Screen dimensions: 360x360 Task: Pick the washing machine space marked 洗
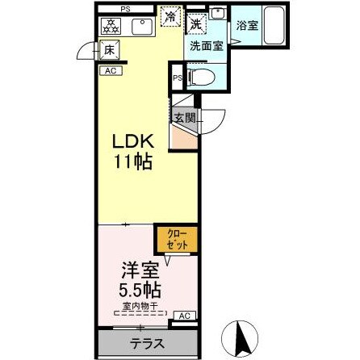[x=196, y=23]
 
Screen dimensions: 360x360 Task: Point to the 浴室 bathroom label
[x=247, y=26]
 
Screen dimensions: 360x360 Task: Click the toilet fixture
[x=202, y=78]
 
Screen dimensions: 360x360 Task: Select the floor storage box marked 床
[x=110, y=51]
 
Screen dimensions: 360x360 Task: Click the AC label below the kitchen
[x=111, y=71]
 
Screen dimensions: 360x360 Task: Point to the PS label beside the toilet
[x=178, y=78]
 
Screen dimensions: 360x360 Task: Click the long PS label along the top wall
[x=126, y=8]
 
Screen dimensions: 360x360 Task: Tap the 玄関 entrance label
[x=184, y=118]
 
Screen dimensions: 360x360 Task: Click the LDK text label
[x=132, y=140]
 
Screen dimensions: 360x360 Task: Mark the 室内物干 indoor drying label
[x=140, y=305]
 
